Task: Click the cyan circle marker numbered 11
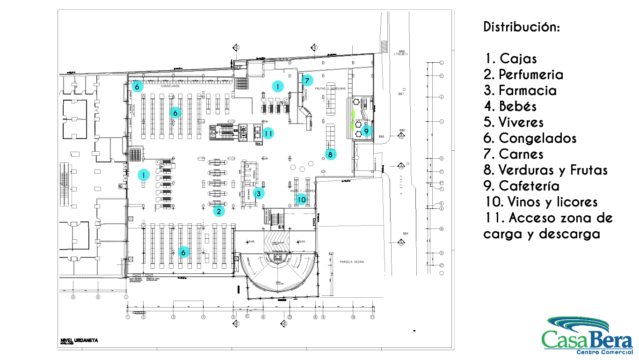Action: click(268, 133)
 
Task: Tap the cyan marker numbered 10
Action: click(302, 200)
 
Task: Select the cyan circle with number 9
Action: click(366, 130)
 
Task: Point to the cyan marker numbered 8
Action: click(330, 154)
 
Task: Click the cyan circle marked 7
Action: click(307, 81)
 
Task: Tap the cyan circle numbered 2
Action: click(218, 211)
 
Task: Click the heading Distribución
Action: click(522, 27)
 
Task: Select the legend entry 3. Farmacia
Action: click(520, 90)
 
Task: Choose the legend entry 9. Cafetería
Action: click(522, 186)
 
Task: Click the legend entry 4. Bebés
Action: click(510, 106)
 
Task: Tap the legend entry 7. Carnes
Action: click(514, 154)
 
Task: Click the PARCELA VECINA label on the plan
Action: click(352, 262)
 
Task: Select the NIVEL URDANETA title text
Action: click(79, 340)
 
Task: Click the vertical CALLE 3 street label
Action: click(400, 184)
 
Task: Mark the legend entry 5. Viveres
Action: click(514, 122)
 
